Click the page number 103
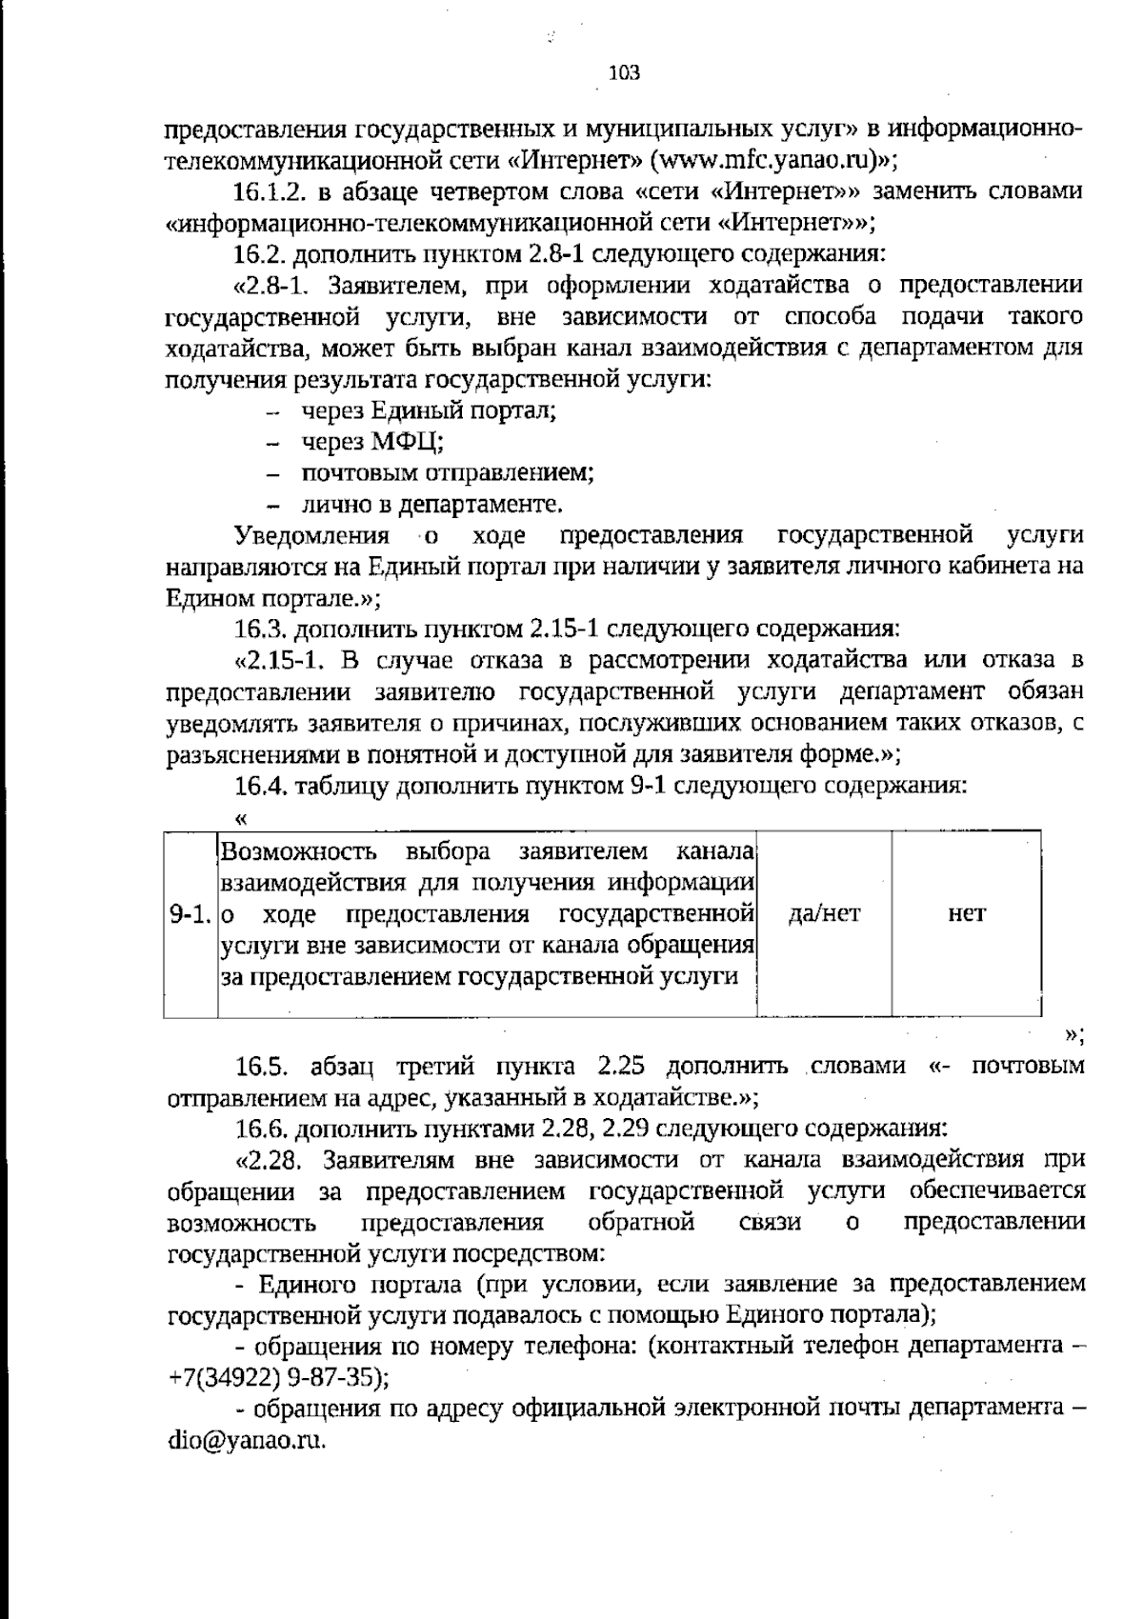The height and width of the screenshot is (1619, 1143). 624,73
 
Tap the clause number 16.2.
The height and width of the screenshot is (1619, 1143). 260,254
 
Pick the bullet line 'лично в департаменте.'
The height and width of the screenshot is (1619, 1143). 431,505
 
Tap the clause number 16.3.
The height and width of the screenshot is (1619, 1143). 260,630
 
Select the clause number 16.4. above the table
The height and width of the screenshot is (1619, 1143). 260,787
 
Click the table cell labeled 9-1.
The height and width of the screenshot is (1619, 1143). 189,915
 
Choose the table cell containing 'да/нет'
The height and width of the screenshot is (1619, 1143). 825,914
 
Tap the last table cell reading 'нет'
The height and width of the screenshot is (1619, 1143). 966,914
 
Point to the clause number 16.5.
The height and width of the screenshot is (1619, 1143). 264,1066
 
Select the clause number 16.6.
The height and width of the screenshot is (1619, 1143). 260,1129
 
